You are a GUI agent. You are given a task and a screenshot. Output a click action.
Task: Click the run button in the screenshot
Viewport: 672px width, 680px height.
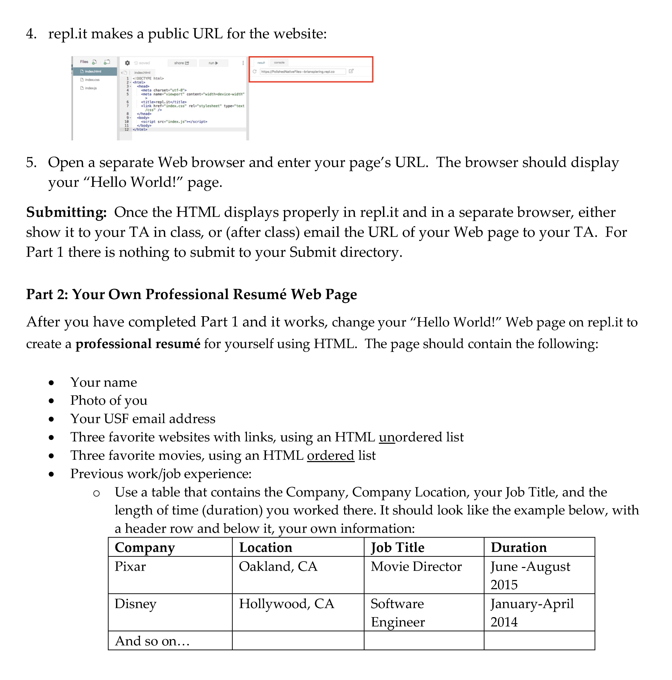[213, 63]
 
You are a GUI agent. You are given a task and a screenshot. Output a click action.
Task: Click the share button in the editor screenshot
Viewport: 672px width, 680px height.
[181, 63]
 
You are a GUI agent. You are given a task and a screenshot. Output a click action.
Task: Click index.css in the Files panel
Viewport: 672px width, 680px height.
[92, 80]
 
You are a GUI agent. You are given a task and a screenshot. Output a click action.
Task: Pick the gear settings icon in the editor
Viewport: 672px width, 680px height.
[127, 63]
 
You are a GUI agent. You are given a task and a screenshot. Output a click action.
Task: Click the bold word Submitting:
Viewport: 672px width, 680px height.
[66, 212]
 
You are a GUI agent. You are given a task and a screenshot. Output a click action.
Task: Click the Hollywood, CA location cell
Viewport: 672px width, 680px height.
[286, 604]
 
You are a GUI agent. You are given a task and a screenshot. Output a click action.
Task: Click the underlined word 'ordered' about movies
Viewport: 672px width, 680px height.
[330, 455]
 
